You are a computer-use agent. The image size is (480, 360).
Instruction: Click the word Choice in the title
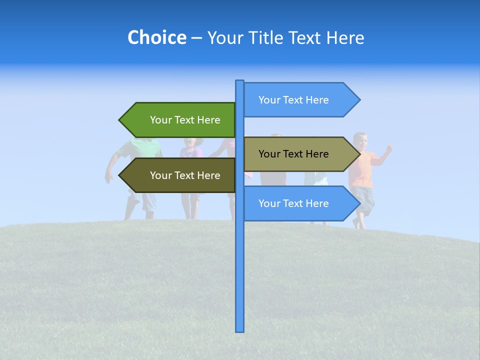coord(156,37)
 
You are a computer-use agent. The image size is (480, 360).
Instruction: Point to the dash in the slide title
coord(196,38)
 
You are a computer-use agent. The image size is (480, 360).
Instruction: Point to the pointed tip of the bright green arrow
coord(120,120)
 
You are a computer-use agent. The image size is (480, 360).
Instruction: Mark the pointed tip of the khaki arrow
coord(358,154)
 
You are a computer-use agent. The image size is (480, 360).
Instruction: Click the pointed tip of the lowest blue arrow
coord(358,203)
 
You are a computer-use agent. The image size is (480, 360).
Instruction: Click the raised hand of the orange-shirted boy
coord(388,148)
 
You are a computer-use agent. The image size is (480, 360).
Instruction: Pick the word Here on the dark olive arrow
coord(209,175)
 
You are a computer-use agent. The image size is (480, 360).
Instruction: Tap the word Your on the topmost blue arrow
coord(269,100)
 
